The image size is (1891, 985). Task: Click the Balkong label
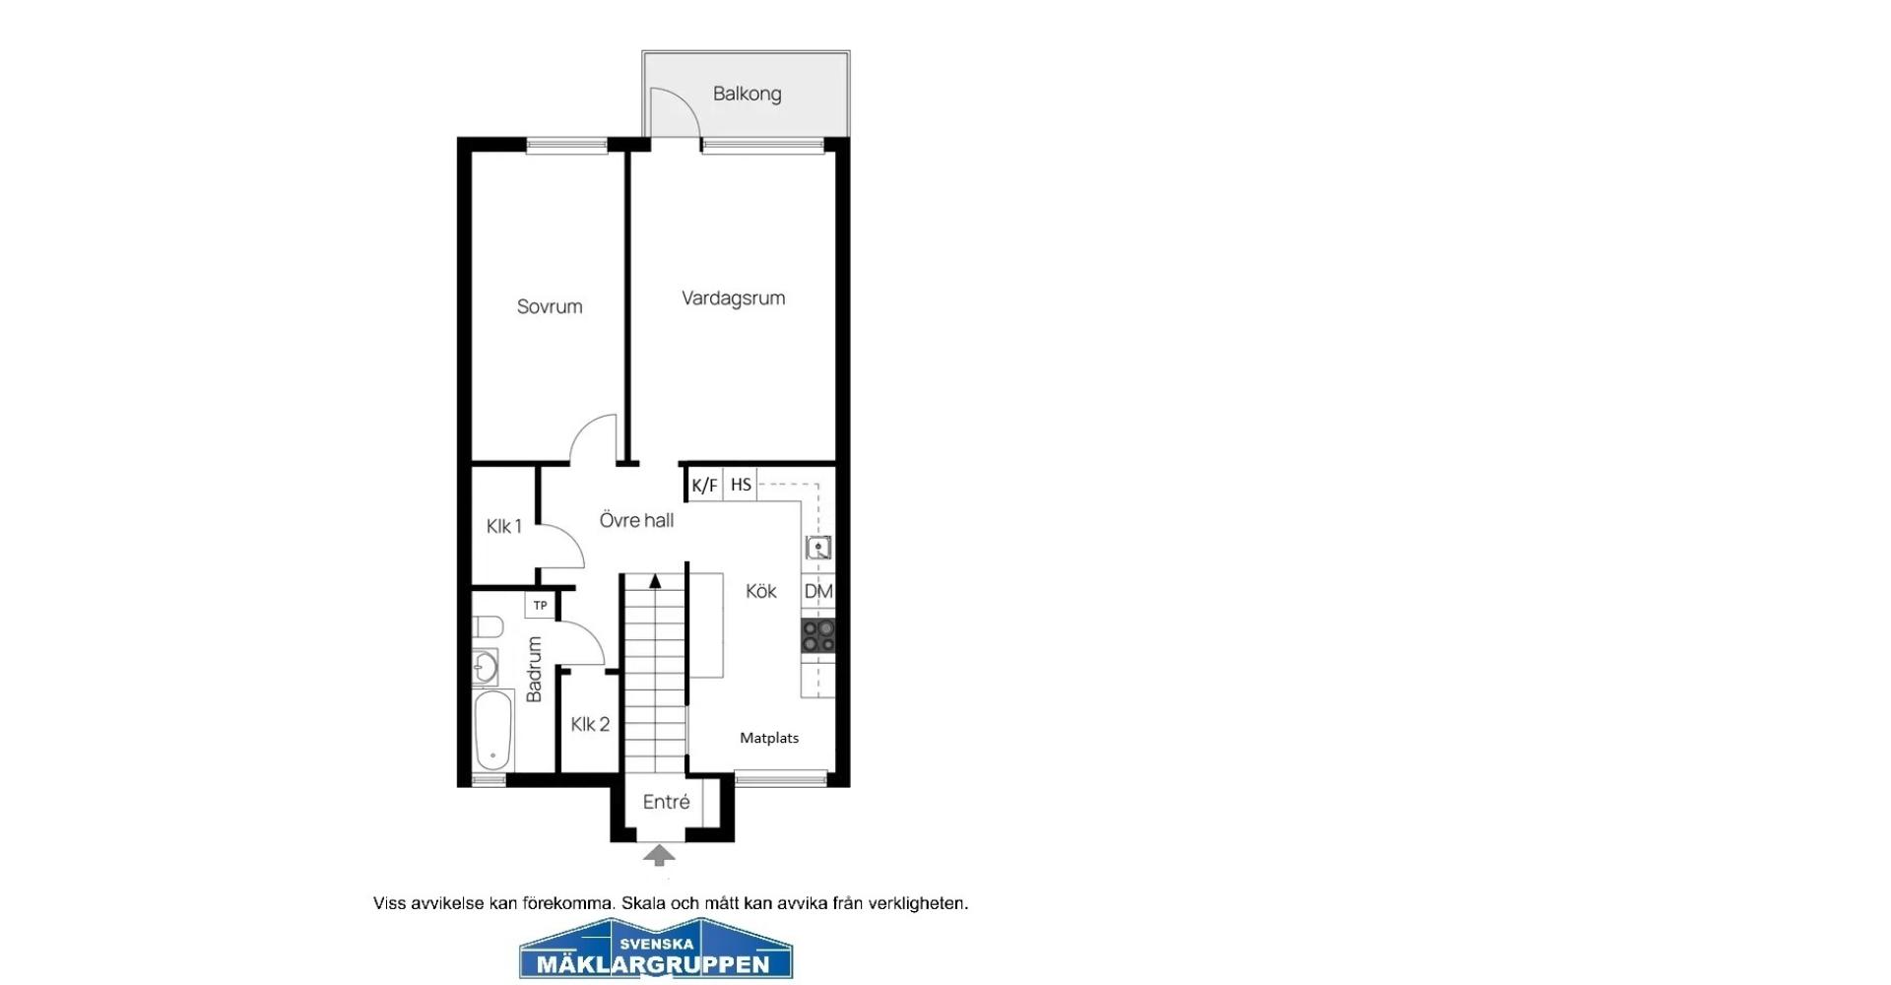pyautogui.click(x=747, y=94)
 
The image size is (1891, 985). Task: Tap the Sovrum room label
pyautogui.click(x=550, y=306)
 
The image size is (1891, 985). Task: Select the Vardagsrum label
pyautogui.click(x=734, y=298)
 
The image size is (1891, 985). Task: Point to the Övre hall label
pyautogui.click(x=636, y=520)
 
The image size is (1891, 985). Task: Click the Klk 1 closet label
pyautogui.click(x=503, y=526)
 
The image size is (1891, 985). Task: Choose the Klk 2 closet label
pyautogui.click(x=590, y=724)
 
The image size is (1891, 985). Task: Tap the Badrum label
pyautogui.click(x=534, y=670)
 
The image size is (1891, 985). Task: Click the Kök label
pyautogui.click(x=761, y=591)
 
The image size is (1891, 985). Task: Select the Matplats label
pyautogui.click(x=769, y=738)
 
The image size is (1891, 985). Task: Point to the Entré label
pyautogui.click(x=666, y=802)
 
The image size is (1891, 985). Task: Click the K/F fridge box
pyautogui.click(x=705, y=485)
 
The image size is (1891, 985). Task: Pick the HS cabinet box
pyautogui.click(x=741, y=485)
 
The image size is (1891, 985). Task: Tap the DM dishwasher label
pyautogui.click(x=818, y=591)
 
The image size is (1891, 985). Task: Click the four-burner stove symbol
pyautogui.click(x=818, y=635)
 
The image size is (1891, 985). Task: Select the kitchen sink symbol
pyautogui.click(x=818, y=548)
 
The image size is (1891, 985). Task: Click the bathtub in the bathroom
pyautogui.click(x=493, y=730)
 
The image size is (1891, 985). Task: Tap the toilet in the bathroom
pyautogui.click(x=489, y=626)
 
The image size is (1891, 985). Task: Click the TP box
pyautogui.click(x=540, y=605)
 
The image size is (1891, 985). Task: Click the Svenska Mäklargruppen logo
pyautogui.click(x=656, y=949)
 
